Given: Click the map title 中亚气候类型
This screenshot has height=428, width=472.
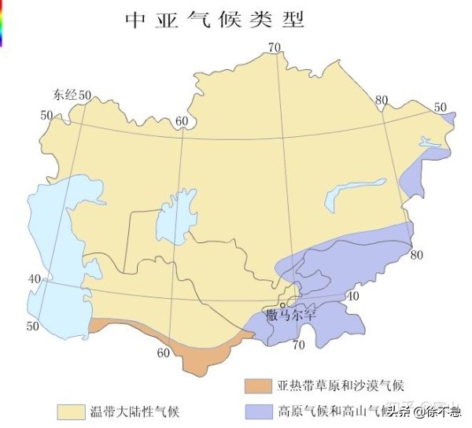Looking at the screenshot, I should coord(214,20).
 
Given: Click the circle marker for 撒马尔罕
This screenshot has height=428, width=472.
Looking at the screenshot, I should coord(282,306).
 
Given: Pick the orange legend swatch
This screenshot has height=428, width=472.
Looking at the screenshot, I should coord(257,386).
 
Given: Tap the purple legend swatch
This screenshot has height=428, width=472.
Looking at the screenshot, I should coord(257,411).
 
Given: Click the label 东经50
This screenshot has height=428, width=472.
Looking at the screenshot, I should coord(72,95).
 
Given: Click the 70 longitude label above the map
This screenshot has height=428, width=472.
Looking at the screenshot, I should coord(274,47).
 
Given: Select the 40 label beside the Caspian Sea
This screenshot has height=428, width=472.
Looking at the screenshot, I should coord(35,279).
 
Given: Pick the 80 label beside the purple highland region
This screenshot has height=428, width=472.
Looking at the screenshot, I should coord(416,255).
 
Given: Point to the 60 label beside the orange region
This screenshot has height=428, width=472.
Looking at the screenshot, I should coord(163,352).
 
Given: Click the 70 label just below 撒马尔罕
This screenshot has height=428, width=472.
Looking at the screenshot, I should coord(298,345).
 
